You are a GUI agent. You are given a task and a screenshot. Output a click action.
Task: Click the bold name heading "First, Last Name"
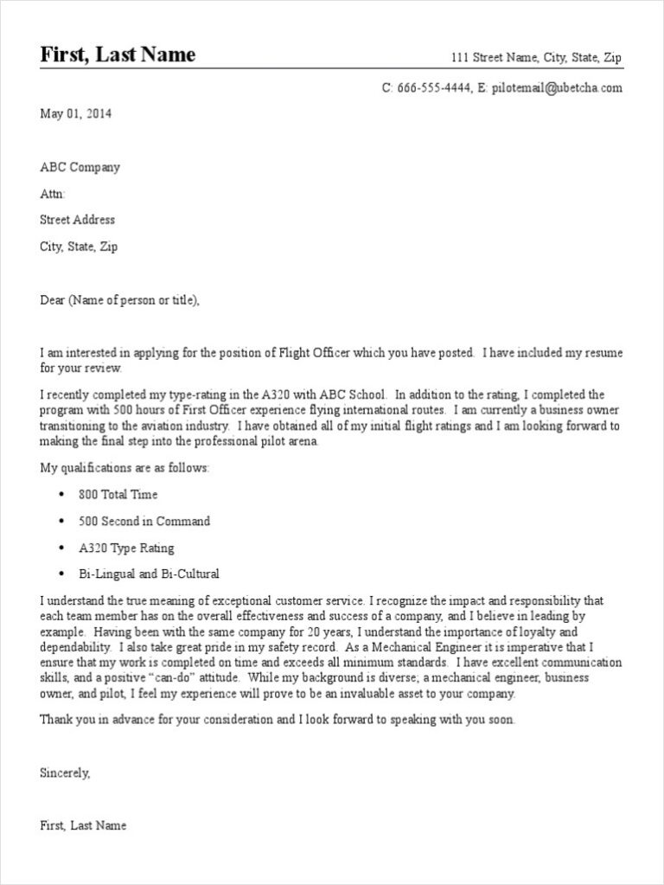coord(118,56)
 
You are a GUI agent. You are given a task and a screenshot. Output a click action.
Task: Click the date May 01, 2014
coord(76,113)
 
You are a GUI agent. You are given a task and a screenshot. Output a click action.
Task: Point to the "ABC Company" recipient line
coord(80,167)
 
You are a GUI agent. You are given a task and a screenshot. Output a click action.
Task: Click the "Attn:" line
coord(53,194)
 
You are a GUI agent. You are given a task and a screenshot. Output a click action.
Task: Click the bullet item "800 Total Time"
coord(118,495)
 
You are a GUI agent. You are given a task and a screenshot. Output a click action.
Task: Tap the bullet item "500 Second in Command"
coord(144,522)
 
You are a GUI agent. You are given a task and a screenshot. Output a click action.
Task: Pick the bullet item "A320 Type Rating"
coord(126,548)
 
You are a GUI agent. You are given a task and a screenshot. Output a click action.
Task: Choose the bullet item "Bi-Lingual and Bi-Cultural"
coord(149,574)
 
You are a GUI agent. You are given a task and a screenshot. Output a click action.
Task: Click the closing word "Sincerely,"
coord(65,773)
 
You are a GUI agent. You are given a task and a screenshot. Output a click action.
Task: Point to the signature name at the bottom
coord(83,825)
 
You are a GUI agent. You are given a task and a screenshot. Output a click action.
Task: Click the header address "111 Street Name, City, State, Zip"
coord(536,58)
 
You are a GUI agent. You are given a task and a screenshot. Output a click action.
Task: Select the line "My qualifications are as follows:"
coord(124,468)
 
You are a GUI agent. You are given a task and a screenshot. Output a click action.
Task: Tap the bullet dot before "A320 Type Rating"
coord(61,548)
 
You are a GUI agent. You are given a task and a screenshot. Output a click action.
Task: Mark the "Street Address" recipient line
coord(77,220)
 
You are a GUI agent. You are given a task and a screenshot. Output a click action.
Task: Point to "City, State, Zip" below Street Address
coord(79,247)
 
